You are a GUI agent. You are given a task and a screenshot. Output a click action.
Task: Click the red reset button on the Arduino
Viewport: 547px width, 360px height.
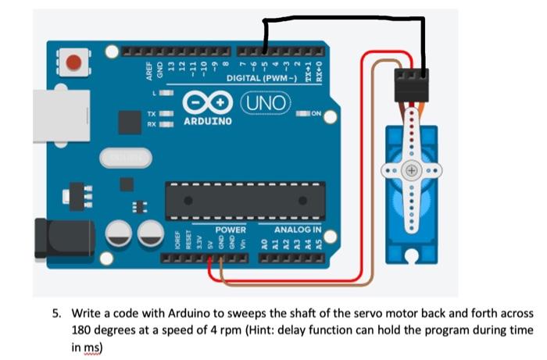pos(75,60)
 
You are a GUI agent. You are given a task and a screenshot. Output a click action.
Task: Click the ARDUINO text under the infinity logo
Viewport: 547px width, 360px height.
pos(207,122)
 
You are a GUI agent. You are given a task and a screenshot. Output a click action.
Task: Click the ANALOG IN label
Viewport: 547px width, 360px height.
pos(298,230)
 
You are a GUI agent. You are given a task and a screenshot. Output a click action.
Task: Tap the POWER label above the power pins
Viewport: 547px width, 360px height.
pos(231,230)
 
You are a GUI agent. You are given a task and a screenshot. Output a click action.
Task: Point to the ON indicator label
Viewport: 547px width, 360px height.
pos(316,115)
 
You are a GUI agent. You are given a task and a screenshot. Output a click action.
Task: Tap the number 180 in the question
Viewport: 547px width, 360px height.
pos(81,330)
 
